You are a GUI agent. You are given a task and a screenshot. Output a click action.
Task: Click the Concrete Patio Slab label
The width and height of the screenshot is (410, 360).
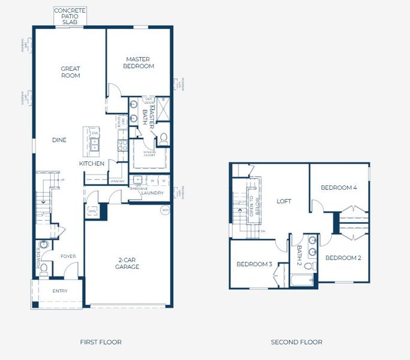pyautogui.click(x=70, y=16)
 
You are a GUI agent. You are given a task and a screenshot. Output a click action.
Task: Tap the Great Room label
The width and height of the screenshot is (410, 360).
pyautogui.click(x=70, y=72)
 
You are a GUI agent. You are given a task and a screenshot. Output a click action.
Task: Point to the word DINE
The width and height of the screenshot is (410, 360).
pyautogui.click(x=59, y=140)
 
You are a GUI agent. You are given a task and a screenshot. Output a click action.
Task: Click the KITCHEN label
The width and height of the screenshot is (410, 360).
pyautogui.click(x=92, y=163)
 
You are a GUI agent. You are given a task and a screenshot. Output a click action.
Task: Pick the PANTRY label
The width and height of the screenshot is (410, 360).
pyautogui.click(x=117, y=181)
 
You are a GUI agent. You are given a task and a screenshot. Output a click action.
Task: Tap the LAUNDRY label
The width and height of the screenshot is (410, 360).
pyautogui.click(x=153, y=193)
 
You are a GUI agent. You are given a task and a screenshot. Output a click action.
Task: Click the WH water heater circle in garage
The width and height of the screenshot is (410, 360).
pyautogui.click(x=165, y=210)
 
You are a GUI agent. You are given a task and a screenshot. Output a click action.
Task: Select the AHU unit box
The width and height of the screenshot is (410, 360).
pyautogui.click(x=92, y=211)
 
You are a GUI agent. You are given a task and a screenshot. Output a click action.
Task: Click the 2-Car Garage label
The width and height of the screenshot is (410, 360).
pyautogui.click(x=127, y=263)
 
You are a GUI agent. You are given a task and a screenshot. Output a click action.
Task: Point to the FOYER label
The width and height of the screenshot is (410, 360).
pyautogui.click(x=68, y=256)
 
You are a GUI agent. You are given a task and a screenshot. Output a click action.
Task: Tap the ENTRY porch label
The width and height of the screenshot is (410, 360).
pyautogui.click(x=59, y=291)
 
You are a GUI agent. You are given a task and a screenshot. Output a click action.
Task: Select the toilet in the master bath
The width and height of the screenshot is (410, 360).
pyautogui.click(x=163, y=139)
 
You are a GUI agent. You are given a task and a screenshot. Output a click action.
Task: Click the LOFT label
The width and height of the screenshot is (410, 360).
pyautogui.click(x=284, y=201)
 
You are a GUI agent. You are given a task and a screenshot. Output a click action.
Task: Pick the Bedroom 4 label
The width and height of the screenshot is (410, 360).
pyautogui.click(x=339, y=188)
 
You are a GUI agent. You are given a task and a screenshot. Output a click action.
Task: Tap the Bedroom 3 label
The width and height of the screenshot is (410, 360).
pyautogui.click(x=254, y=264)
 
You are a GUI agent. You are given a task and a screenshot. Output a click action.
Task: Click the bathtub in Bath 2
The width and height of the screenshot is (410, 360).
pyautogui.click(x=302, y=280)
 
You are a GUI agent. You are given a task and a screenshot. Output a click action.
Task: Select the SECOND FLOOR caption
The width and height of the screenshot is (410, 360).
pyautogui.click(x=296, y=342)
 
